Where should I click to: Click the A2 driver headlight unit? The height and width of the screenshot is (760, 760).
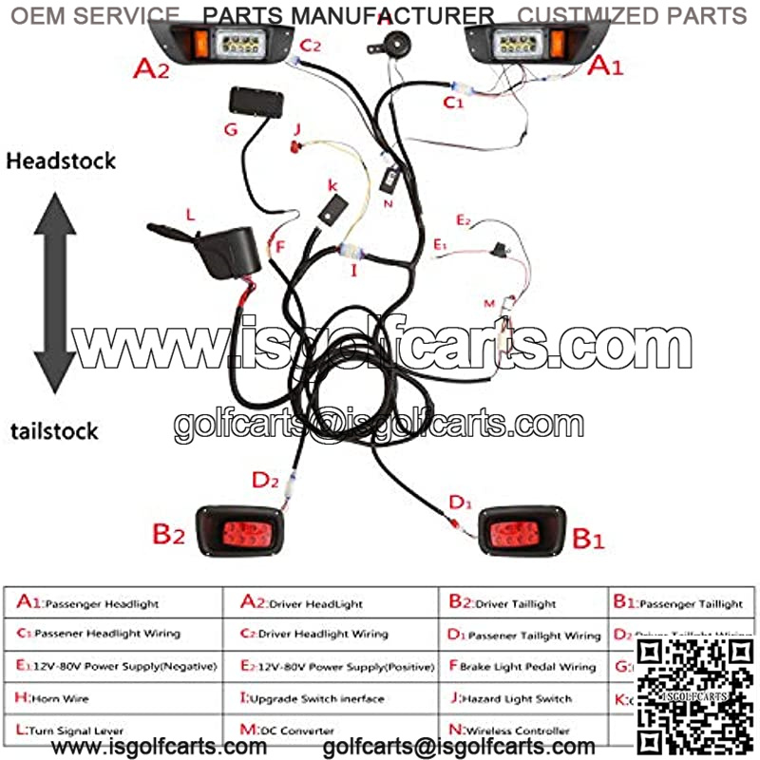224,44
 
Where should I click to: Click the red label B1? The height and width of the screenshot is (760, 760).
587,540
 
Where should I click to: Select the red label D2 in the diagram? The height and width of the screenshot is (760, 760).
265,480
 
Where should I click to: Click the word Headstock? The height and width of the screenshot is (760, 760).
61,161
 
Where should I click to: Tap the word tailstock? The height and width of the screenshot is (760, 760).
54,430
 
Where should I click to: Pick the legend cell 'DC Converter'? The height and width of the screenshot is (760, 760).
286,731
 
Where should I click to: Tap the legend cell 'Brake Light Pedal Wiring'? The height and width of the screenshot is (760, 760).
522,667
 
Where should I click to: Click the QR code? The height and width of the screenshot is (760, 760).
693,697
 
